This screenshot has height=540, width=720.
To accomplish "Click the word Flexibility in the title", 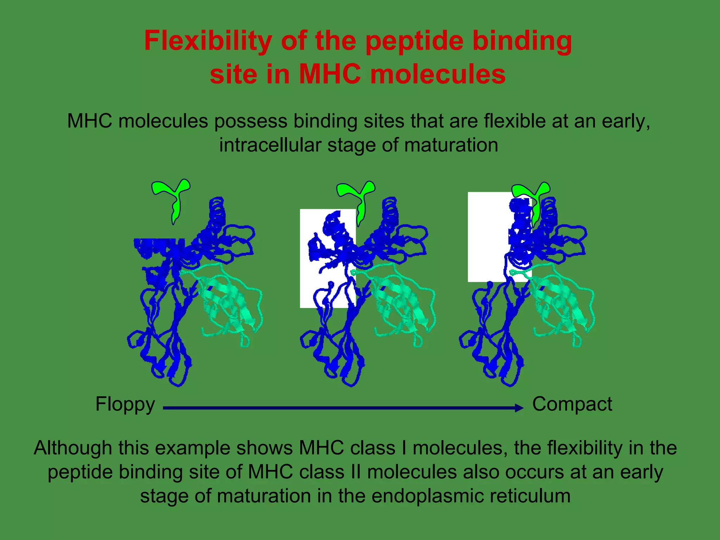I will pos(208,41).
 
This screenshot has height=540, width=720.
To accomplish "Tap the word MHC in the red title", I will pos(329,75).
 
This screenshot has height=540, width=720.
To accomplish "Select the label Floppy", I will pos(125,404).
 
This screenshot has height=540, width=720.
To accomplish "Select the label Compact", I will pos(572,404).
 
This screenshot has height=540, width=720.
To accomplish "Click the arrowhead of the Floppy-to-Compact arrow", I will pos(519,408).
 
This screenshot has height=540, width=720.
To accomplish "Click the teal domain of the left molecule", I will pos(229,302).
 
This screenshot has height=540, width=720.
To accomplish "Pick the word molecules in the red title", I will pos(438,75).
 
